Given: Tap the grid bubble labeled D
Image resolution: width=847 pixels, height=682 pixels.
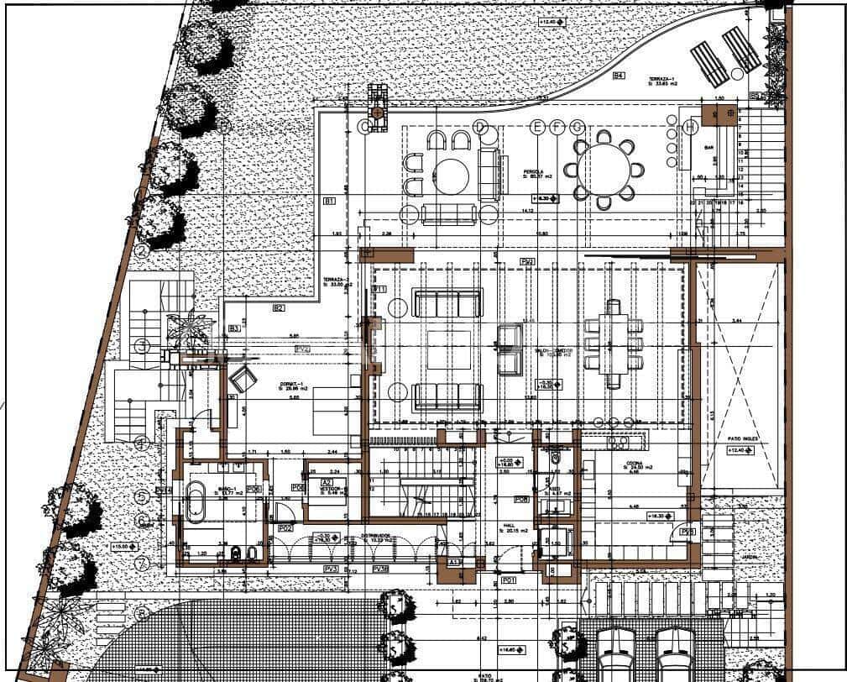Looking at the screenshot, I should point(480,127).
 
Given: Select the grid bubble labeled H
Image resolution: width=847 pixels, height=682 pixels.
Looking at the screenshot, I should point(690,127).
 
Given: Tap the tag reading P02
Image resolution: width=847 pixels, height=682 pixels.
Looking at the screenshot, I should point(285,528).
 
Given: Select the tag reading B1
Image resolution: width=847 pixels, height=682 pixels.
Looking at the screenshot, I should point(329,201).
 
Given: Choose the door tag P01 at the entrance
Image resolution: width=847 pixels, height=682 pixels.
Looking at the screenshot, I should point(508,580).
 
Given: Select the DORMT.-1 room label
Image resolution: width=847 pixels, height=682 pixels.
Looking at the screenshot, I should point(293,386).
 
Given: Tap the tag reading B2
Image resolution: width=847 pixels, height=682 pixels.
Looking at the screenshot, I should point(279,308).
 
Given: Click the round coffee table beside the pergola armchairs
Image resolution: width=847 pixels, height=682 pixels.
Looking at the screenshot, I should point(452,176).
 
